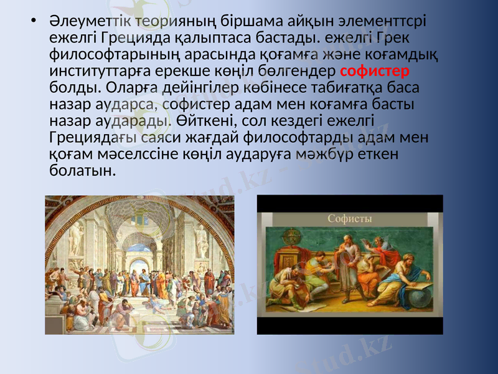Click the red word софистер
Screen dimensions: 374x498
(x=375, y=70)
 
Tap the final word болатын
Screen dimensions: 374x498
(x=82, y=169)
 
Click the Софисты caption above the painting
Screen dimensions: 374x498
(x=350, y=219)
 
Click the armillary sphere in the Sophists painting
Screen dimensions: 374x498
(x=290, y=237)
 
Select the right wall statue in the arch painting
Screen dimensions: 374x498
(x=202, y=240)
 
